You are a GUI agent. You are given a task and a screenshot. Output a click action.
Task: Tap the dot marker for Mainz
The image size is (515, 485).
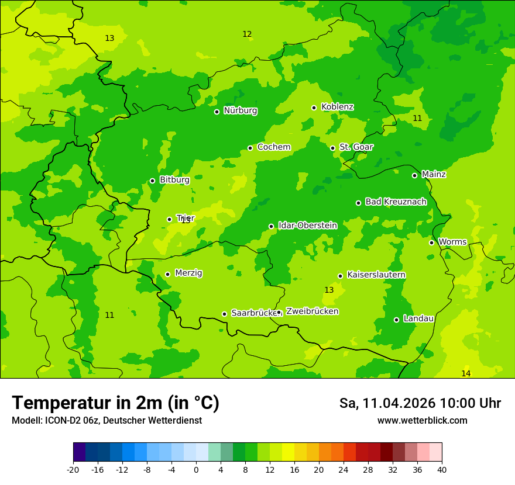coord(414,175)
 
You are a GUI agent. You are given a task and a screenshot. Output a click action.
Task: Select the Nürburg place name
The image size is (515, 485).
coord(240,110)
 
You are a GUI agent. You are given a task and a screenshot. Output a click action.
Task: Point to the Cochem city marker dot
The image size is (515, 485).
coord(250,148)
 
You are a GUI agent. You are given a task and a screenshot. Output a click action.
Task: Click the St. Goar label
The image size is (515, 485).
coord(356,147)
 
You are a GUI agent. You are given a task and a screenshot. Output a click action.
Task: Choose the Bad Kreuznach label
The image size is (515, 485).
coord(396,202)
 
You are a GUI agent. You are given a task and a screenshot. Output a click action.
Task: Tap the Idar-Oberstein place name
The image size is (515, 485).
coord(307,226)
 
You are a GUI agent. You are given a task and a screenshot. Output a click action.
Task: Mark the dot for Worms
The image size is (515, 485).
coord(431,243)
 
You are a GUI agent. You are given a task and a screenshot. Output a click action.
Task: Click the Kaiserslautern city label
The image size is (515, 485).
coord(376,275)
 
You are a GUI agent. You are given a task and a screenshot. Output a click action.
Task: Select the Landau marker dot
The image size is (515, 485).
coord(396,320)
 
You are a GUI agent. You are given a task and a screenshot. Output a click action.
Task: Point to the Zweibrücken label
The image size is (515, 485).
coord(312,311)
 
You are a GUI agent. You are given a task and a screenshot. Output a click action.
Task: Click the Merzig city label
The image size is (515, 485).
coord(188,273)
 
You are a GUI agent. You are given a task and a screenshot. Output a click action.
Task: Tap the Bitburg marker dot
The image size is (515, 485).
coord(152,181)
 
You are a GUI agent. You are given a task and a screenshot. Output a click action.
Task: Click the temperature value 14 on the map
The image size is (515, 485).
coord(465,373)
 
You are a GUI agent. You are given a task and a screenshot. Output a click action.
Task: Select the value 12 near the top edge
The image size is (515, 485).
coord(247,34)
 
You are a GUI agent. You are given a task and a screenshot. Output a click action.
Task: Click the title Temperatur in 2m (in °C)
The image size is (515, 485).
coord(115,403)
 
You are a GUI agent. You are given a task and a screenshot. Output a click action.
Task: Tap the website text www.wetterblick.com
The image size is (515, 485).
coord(422,420)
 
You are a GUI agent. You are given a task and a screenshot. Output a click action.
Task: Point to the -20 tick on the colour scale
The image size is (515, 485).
coord(73,470)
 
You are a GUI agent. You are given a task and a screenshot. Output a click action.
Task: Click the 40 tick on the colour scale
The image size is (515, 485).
coord(442,470)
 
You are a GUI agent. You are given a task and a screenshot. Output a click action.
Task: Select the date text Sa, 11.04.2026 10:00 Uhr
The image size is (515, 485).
coord(420,403)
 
